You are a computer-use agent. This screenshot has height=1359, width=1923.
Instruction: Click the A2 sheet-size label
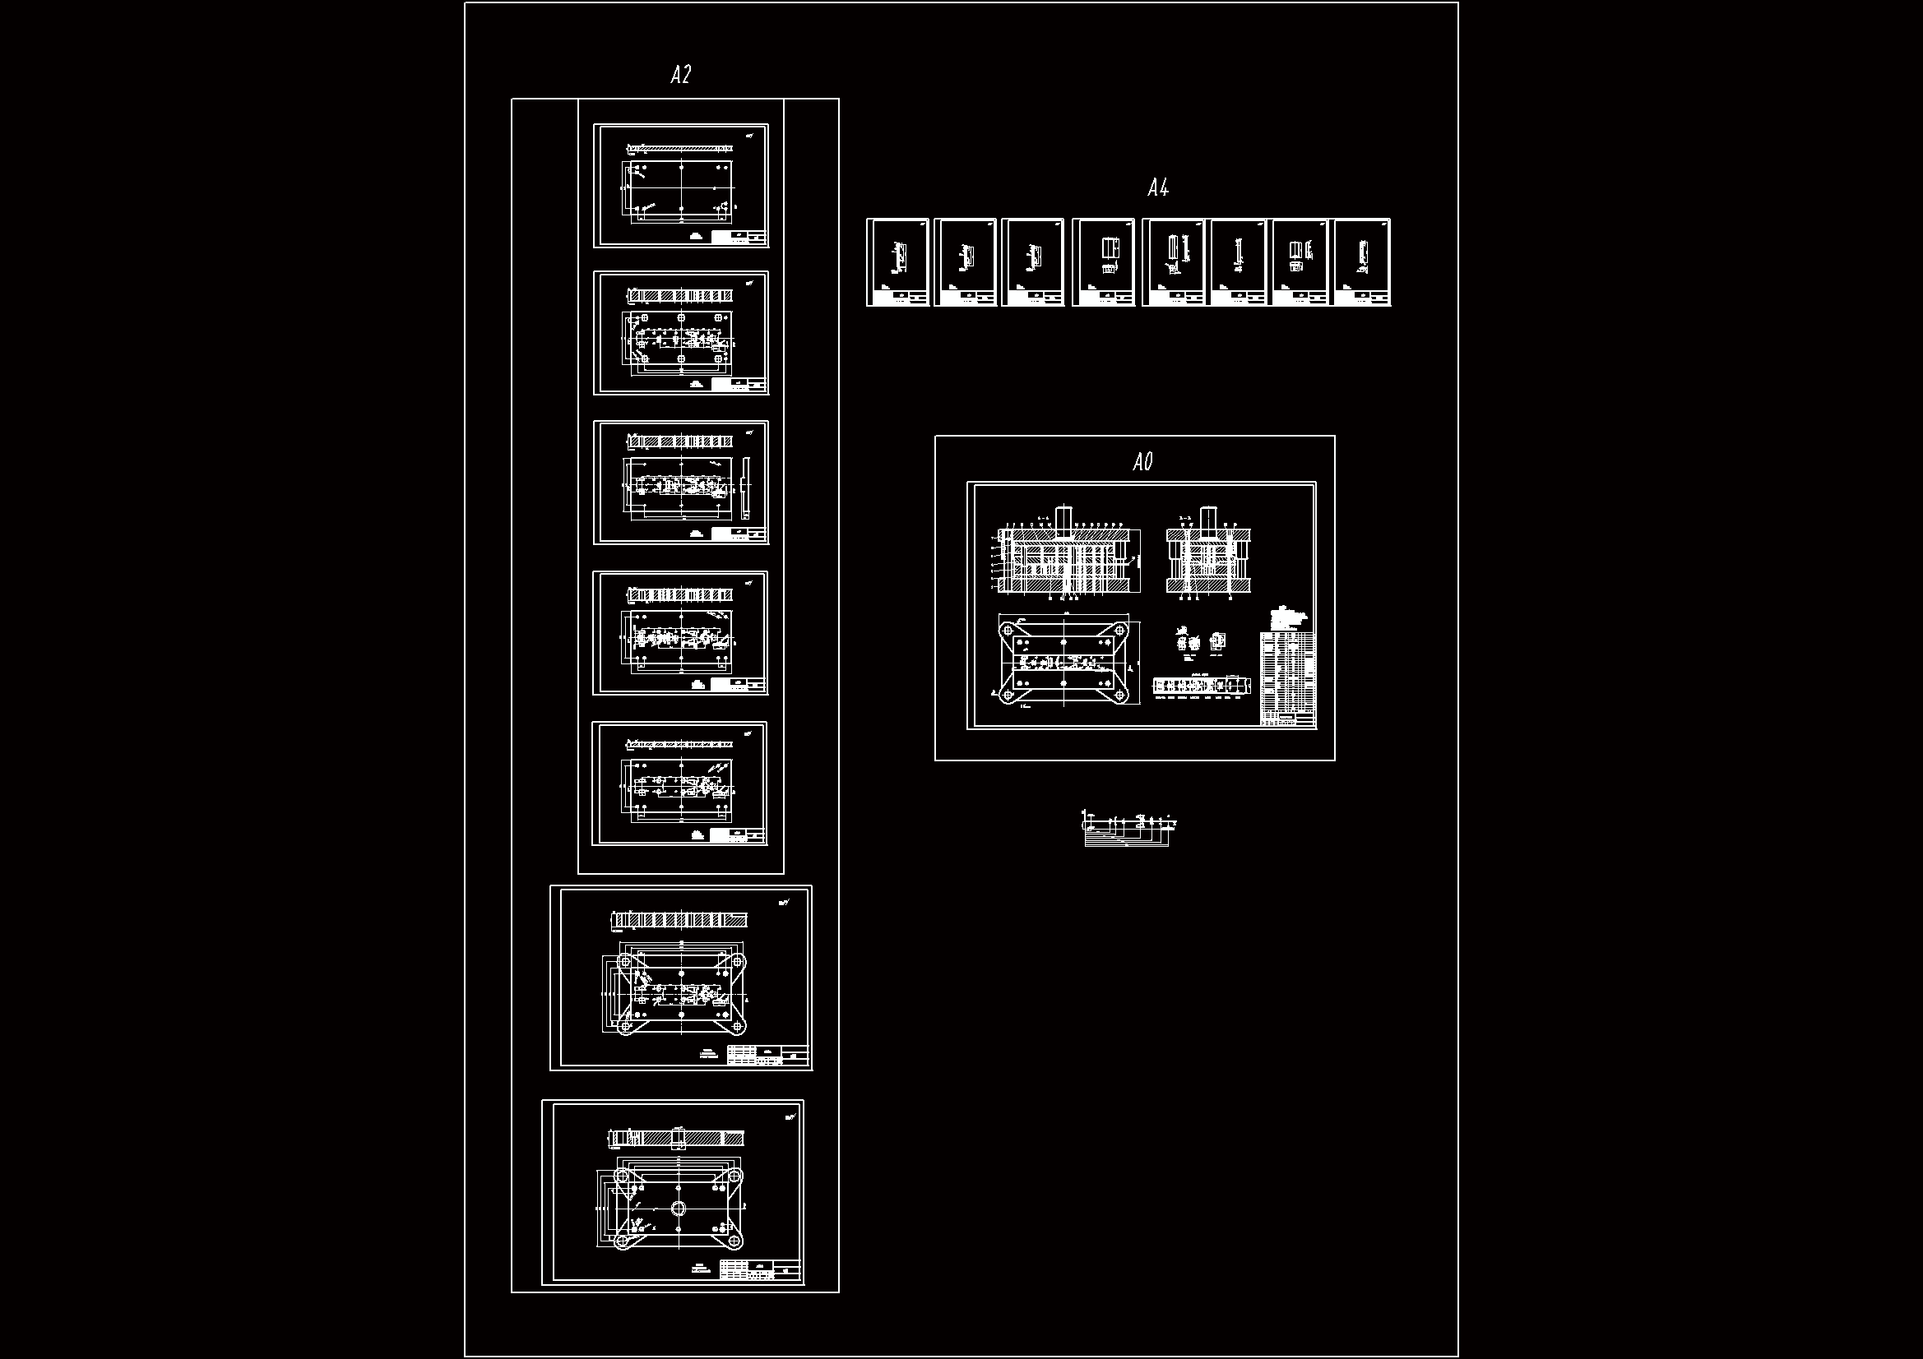pos(680,76)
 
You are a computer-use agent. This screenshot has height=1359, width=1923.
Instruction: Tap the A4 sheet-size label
pos(1157,188)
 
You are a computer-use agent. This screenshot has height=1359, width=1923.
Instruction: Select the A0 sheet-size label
pos(1142,462)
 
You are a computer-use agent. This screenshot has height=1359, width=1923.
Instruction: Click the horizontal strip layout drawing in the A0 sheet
pos(1201,686)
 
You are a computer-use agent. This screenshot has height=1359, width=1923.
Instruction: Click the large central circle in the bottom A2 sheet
pos(679,1208)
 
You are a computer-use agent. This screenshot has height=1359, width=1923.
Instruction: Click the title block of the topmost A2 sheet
pos(739,237)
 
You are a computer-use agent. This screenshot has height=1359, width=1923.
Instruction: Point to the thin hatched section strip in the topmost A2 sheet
pos(680,149)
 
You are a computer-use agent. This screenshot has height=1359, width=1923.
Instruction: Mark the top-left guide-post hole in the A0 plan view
pos(1008,631)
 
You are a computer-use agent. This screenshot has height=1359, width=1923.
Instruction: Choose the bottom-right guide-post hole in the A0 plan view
pos(1119,695)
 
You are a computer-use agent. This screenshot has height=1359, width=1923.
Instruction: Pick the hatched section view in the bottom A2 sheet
pos(675,1139)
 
